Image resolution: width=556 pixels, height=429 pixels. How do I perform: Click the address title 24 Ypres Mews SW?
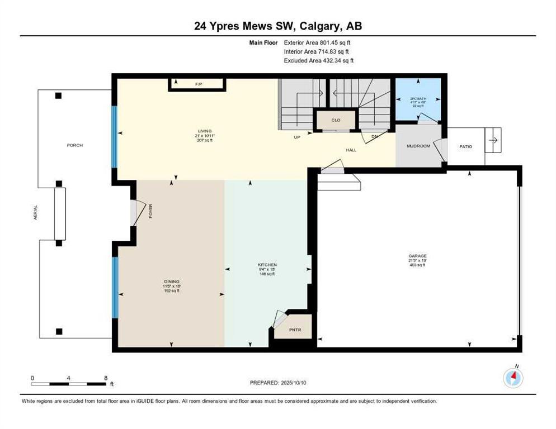(x=277, y=26)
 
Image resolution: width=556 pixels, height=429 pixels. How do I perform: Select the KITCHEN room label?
(x=267, y=265)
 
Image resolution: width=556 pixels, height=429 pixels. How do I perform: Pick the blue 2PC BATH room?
(x=418, y=99)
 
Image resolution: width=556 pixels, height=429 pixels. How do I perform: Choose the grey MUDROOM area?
(x=418, y=146)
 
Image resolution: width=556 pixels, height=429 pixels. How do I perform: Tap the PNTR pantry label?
(x=295, y=330)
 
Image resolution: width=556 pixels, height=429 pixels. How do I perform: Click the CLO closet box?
(x=336, y=120)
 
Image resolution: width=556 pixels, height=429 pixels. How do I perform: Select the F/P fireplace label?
(x=198, y=84)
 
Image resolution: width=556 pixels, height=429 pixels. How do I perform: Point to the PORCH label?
(x=74, y=145)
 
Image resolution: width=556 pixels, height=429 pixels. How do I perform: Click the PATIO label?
(x=465, y=147)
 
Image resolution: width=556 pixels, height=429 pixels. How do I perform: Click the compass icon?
(x=512, y=378)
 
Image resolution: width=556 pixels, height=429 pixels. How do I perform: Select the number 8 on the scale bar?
(x=106, y=378)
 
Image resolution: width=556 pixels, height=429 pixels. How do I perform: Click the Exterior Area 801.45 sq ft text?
(x=318, y=42)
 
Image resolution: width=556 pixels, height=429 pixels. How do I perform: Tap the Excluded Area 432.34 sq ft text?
(x=319, y=60)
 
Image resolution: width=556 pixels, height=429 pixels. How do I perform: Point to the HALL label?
(x=351, y=150)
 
